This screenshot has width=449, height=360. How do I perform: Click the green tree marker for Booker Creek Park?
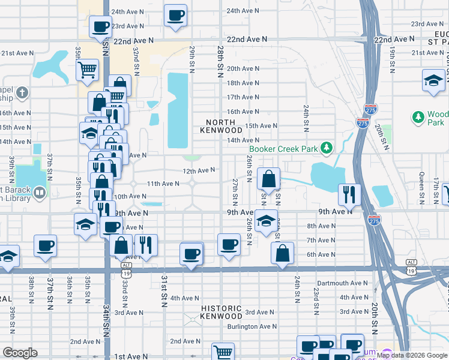point(326,147)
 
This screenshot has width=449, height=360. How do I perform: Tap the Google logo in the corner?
point(20,353)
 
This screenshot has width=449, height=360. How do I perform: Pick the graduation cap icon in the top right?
point(433,80)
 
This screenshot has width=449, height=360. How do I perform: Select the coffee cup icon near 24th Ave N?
point(175,15)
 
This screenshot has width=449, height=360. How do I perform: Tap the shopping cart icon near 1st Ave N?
point(223,352)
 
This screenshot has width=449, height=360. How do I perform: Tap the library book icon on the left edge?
point(40,193)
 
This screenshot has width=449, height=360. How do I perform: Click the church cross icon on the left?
point(22,93)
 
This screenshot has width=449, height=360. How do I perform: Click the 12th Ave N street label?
point(199,170)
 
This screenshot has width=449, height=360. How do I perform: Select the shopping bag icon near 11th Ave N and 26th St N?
point(269,178)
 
